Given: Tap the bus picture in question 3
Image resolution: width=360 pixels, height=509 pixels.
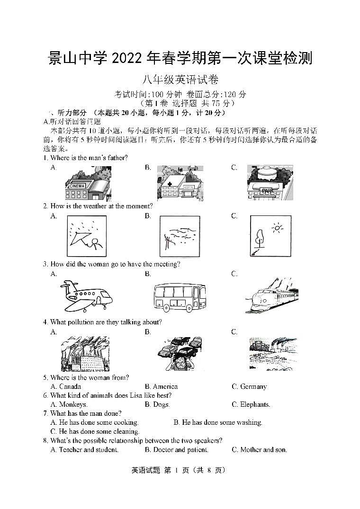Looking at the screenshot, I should pyautogui.click(x=180, y=297).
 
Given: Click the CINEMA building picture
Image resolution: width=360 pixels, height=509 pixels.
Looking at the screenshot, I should pyautogui.click(x=88, y=184).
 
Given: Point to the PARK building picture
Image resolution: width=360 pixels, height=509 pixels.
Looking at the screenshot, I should pyautogui.click(x=270, y=183).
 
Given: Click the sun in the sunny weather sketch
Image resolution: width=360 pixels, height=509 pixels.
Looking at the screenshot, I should pyautogui.click(x=277, y=229).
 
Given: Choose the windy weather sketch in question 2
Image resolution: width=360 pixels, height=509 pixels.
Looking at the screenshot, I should pyautogui.click(x=180, y=236).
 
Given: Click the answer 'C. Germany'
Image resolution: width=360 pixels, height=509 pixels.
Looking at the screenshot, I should pyautogui.click(x=249, y=386).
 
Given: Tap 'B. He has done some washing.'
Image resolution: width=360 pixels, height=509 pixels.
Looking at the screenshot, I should pyautogui.click(x=217, y=422).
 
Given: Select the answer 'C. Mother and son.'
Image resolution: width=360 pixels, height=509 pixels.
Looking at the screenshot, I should pyautogui.click(x=259, y=449).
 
